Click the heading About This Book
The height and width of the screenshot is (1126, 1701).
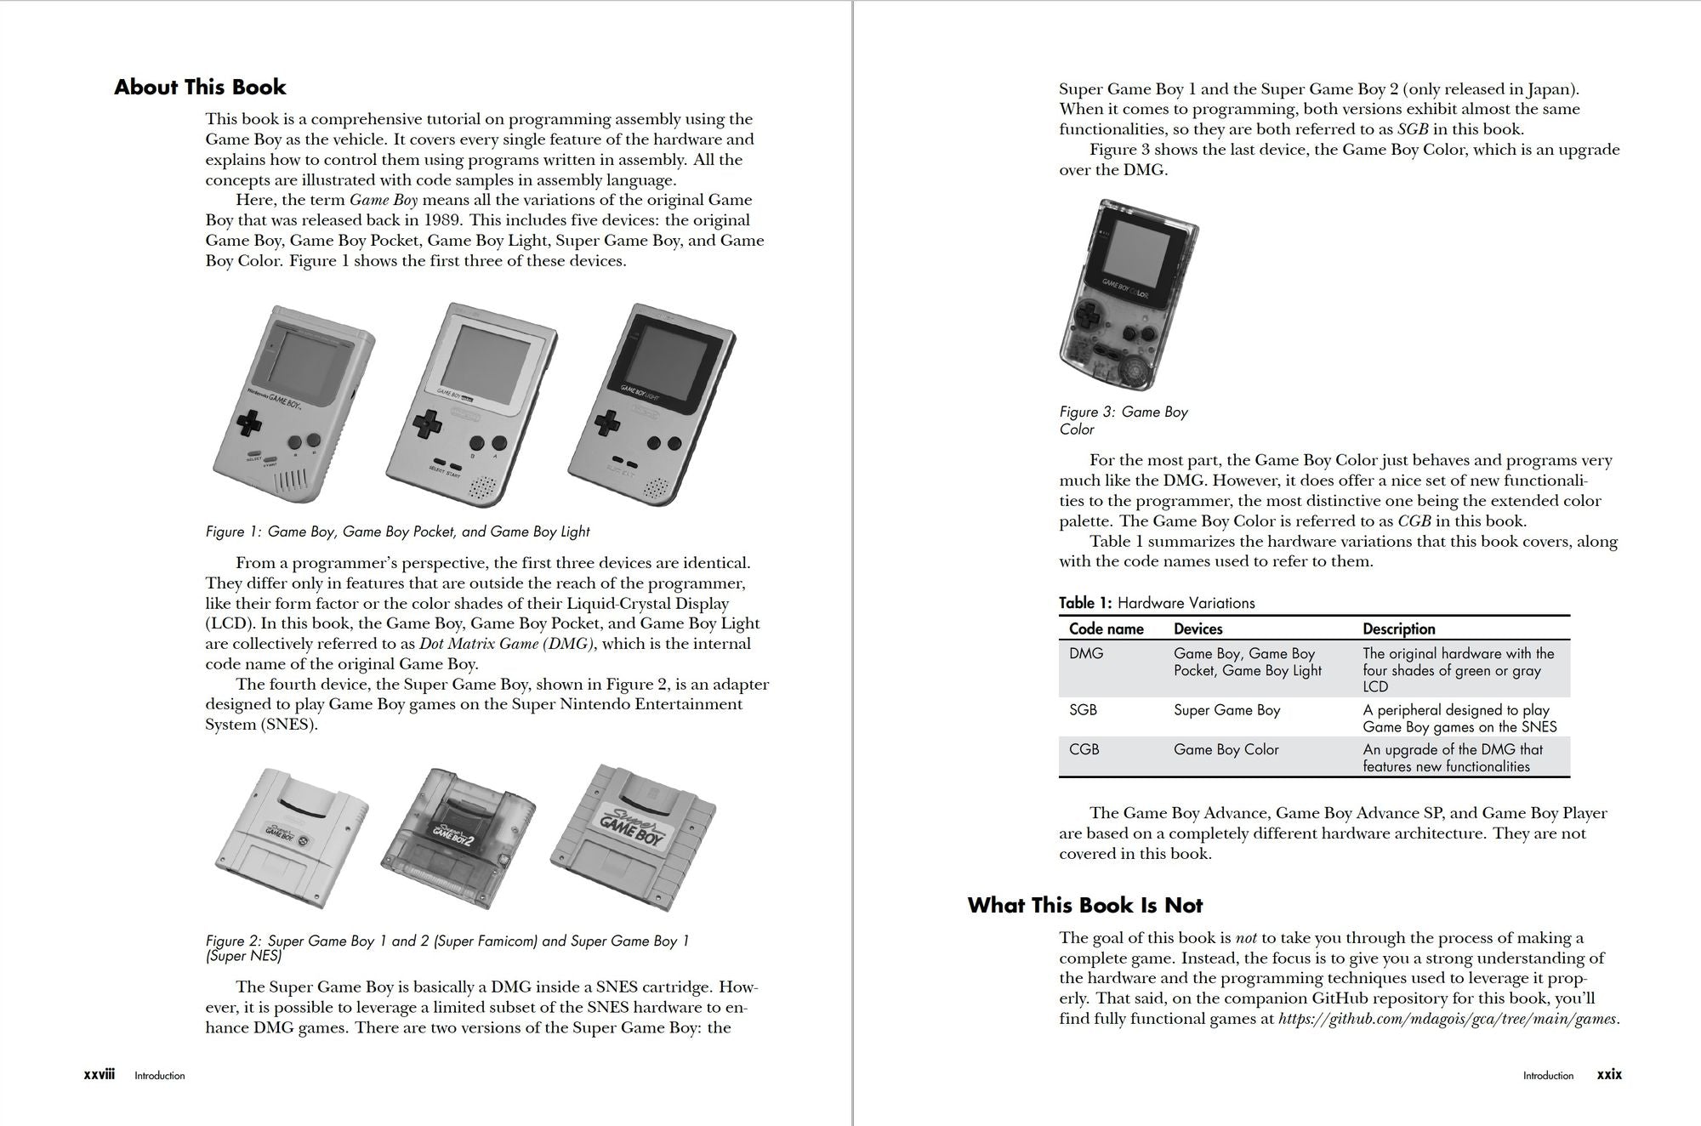200,88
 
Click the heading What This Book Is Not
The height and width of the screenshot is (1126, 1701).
1084,905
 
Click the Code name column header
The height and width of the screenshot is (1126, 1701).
1106,629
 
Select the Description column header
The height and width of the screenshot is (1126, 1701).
1398,629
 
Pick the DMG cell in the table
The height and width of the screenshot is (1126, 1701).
1086,654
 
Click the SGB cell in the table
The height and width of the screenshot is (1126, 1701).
1083,710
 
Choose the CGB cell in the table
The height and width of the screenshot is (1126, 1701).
1084,749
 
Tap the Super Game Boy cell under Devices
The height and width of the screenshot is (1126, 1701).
1226,710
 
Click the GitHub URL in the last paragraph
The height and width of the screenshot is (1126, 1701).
1448,1019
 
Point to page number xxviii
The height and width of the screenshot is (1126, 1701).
100,1075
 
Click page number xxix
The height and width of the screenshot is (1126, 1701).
1609,1075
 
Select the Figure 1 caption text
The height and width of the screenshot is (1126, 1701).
397,532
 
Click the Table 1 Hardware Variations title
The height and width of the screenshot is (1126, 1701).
1157,603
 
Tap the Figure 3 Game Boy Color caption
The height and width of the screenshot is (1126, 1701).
1123,420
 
